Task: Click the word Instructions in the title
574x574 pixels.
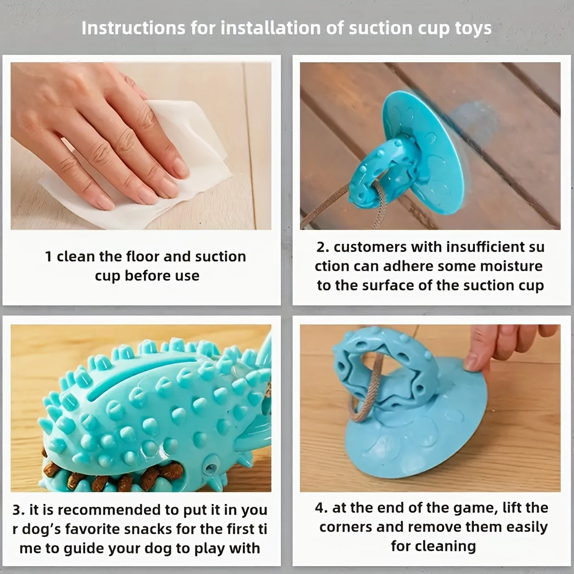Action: (133, 28)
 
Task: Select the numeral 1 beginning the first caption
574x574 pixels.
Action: (48, 257)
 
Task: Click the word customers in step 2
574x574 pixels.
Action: (370, 247)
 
